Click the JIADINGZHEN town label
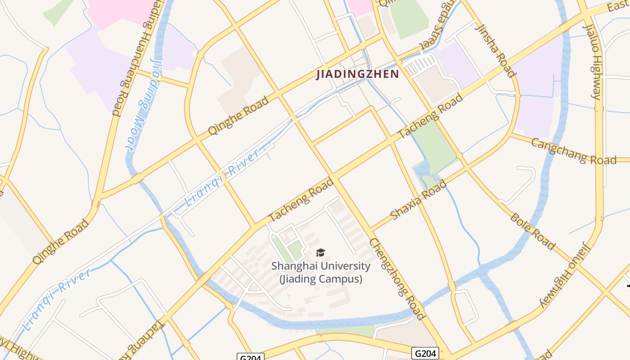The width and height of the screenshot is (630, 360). coord(358,74)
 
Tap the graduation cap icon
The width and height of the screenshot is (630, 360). coord(320,253)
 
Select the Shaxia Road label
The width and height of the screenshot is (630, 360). coord(418,200)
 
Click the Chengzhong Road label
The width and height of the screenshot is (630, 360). coord(397,279)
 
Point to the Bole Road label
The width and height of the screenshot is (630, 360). coord(532,231)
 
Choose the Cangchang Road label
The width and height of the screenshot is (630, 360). coord(573,152)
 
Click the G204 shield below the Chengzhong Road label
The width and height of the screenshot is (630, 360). coord(425,353)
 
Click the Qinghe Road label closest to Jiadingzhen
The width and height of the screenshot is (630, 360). coord(238,115)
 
